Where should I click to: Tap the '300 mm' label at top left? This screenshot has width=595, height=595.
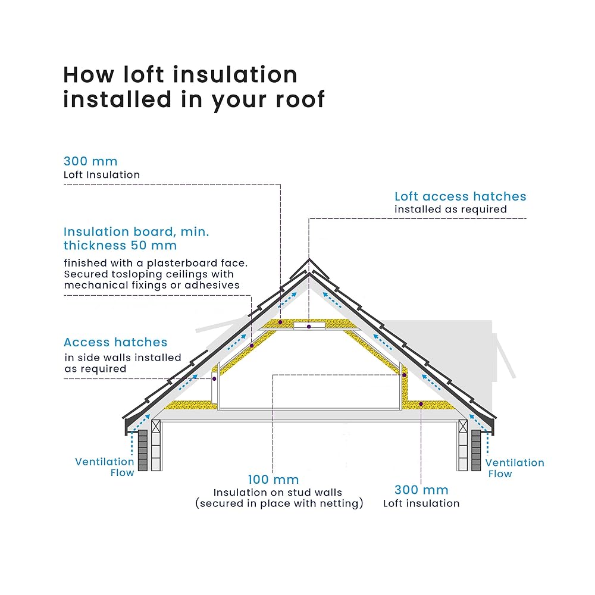coord(90,161)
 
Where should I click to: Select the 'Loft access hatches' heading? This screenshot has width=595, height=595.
coord(461,196)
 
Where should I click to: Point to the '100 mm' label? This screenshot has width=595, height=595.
coord(273,480)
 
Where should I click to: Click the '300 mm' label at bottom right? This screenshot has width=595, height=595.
coord(421,490)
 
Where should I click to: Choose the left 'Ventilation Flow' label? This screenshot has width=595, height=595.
coord(105,467)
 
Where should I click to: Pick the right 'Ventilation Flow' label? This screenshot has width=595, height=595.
coord(515,468)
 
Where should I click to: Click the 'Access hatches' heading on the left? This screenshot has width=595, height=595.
coord(115,342)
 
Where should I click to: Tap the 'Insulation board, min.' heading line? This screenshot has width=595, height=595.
coord(136,232)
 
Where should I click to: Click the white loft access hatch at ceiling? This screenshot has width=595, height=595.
coord(309,326)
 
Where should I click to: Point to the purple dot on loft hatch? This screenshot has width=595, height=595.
coord(309,327)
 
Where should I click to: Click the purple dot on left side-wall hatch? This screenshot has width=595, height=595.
coord(214,378)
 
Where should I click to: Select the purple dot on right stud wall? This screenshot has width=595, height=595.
coord(404,375)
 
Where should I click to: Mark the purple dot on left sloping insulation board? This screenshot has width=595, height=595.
coord(252,346)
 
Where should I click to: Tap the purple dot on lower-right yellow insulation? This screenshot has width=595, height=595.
coord(421,405)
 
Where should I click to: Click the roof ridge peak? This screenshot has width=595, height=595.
coord(309,259)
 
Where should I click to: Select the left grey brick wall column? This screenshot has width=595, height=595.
coord(143,450)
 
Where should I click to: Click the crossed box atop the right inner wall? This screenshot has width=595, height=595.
coord(463,426)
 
